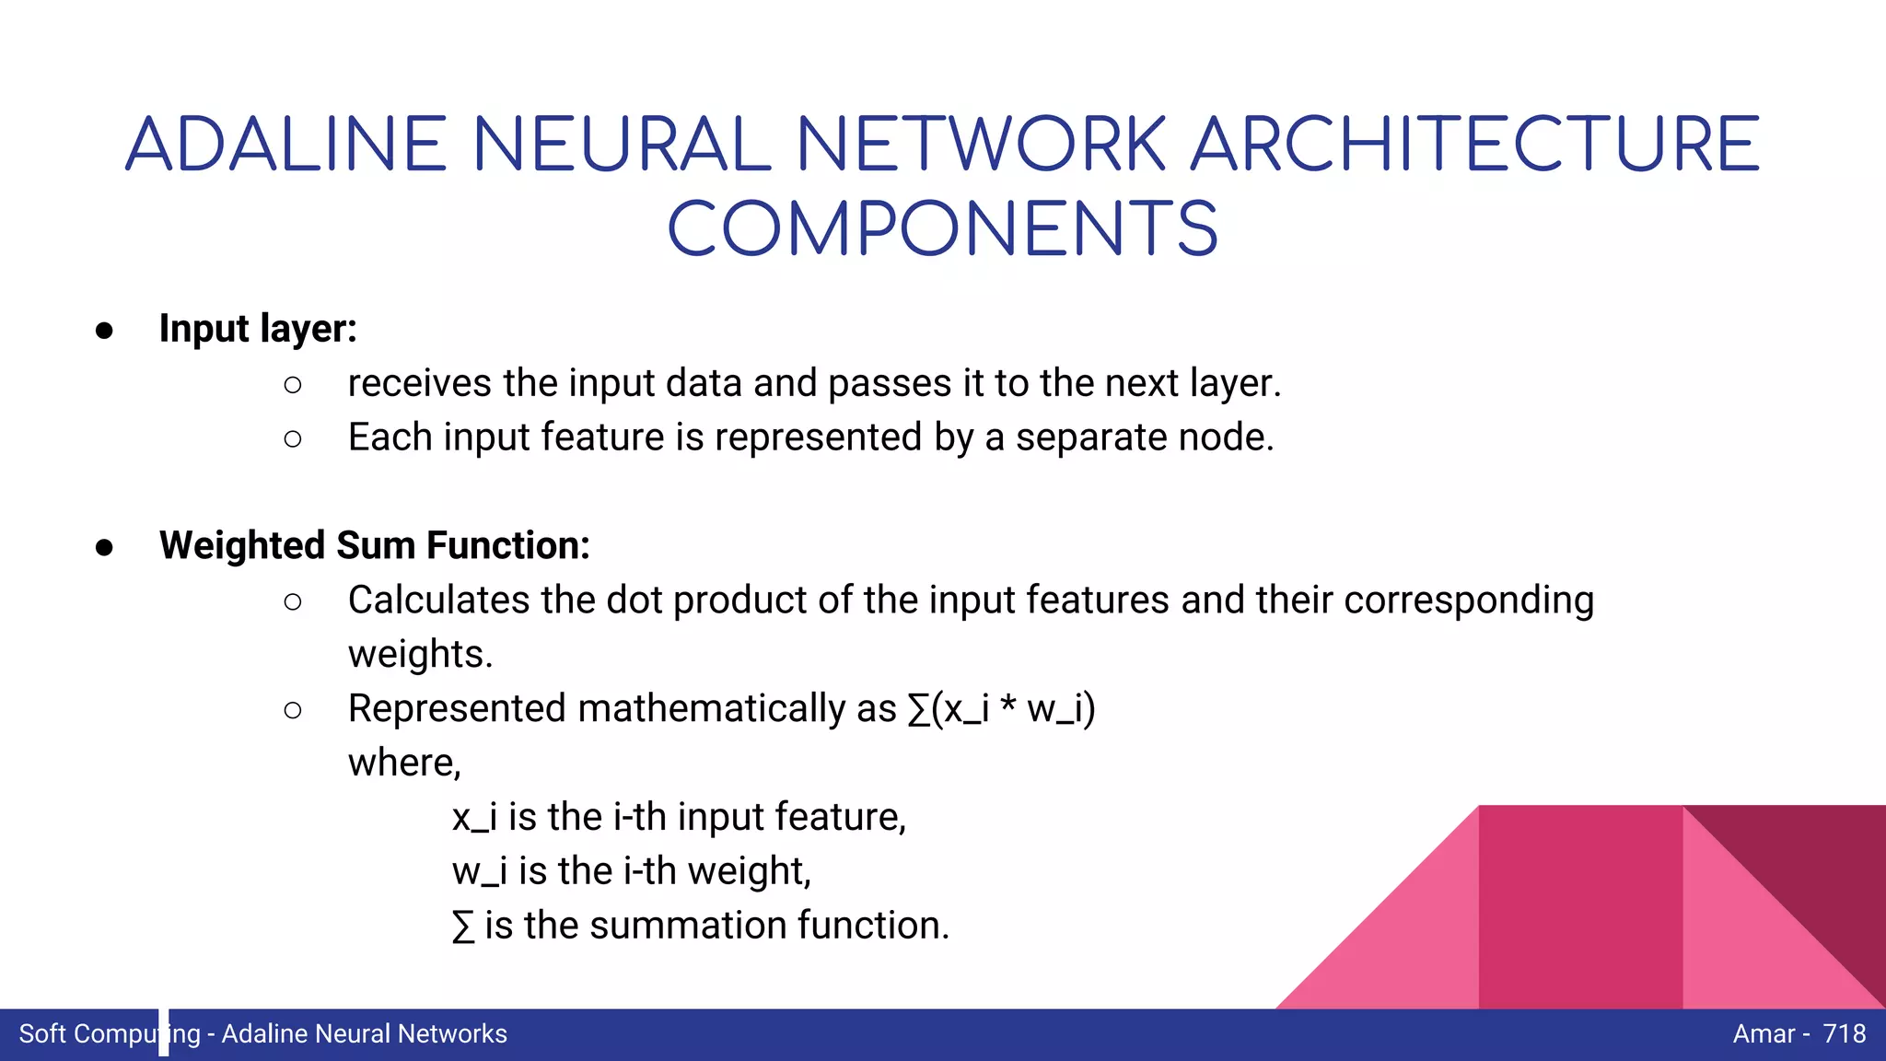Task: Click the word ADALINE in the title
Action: tap(286, 145)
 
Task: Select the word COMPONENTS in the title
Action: tap(942, 229)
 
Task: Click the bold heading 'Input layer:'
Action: tap(258, 329)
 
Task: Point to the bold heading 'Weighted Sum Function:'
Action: tap(374, 545)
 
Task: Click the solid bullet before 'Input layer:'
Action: tap(104, 331)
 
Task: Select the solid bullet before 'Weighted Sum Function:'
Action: tap(104, 548)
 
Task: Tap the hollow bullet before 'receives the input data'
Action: tap(293, 385)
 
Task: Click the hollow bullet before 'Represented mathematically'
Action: tap(293, 710)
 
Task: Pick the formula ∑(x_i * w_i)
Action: tap(1001, 709)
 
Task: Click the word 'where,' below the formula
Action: tap(404, 764)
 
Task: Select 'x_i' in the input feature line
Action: tap(474, 818)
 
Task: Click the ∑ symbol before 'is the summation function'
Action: tap(463, 927)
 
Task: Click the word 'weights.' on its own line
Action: tap(421, 655)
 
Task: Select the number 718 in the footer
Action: tap(1844, 1034)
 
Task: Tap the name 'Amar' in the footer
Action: tap(1764, 1034)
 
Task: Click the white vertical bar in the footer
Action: tap(164, 1032)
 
